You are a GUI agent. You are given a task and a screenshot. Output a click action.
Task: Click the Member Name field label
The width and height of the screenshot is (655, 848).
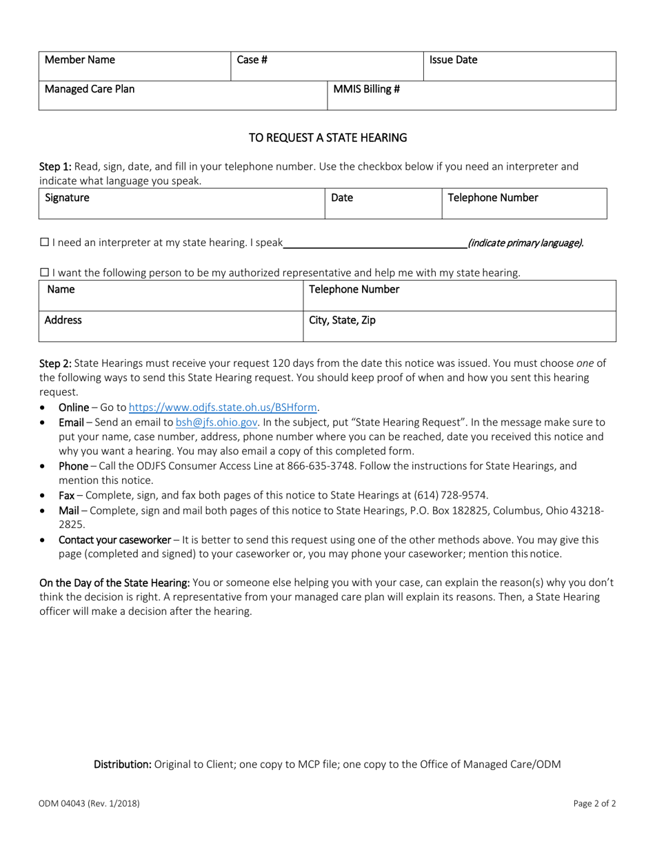point(80,60)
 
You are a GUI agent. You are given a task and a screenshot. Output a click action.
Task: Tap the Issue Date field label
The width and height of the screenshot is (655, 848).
point(453,60)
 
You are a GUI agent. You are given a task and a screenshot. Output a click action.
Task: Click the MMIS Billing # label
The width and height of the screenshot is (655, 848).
point(367,89)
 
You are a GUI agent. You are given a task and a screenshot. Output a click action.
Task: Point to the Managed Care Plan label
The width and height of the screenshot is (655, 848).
point(90,89)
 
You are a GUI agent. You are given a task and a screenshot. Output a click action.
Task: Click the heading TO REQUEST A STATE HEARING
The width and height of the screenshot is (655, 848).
point(327,138)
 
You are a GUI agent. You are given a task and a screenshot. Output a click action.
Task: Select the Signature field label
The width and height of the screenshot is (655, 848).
point(67,198)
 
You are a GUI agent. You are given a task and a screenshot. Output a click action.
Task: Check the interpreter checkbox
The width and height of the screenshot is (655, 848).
point(44,243)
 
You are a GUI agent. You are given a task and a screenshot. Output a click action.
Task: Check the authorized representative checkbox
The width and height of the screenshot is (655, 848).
point(44,273)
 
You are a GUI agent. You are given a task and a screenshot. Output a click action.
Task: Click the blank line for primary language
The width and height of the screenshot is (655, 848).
point(375,243)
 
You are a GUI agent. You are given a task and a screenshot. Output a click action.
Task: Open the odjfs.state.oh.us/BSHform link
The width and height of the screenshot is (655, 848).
point(223,407)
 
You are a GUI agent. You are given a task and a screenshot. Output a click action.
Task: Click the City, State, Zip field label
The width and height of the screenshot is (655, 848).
point(342,321)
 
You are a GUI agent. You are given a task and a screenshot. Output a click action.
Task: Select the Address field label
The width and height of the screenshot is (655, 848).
point(63,321)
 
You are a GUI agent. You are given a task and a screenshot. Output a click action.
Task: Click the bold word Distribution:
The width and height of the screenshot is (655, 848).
point(123,765)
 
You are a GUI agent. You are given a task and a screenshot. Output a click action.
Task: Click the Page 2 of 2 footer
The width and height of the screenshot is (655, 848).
point(594,803)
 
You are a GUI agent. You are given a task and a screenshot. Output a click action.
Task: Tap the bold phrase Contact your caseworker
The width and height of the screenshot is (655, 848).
point(114,540)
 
